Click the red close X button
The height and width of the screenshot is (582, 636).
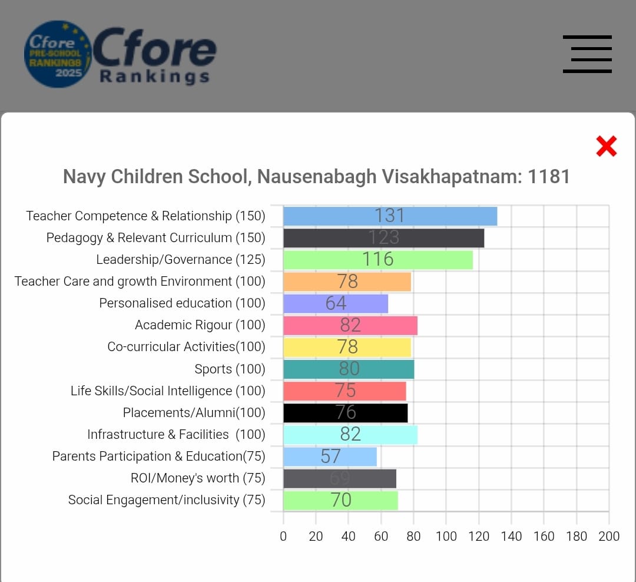pyautogui.click(x=606, y=146)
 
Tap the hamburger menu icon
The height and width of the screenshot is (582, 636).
pyautogui.click(x=587, y=54)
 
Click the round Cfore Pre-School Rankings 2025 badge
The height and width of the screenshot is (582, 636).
pyautogui.click(x=57, y=55)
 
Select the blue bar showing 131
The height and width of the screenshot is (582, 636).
pyautogui.click(x=390, y=216)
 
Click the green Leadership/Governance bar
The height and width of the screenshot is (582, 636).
pyautogui.click(x=377, y=260)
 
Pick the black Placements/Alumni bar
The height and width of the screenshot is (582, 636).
pyautogui.click(x=345, y=413)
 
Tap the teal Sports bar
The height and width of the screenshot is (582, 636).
pyautogui.click(x=349, y=369)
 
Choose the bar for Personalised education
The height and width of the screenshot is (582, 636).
pyautogui.click(x=336, y=303)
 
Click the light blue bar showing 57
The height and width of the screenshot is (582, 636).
pyautogui.click(x=330, y=457)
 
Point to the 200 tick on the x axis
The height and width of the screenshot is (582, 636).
pyautogui.click(x=609, y=536)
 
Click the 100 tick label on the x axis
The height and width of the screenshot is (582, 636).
pyautogui.click(x=446, y=536)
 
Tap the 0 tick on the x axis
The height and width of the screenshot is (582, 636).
pyautogui.click(x=283, y=536)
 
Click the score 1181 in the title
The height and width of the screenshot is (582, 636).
pyautogui.click(x=549, y=177)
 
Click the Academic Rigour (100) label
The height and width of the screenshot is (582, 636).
pyautogui.click(x=200, y=325)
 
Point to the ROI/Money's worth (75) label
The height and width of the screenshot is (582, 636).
pyautogui.click(x=198, y=478)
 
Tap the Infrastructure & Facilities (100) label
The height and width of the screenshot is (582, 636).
pyautogui.click(x=176, y=435)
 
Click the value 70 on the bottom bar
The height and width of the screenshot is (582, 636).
pyautogui.click(x=341, y=500)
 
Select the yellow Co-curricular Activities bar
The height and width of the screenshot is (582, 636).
pyautogui.click(x=347, y=347)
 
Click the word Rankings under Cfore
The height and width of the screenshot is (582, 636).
pyautogui.click(x=154, y=77)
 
